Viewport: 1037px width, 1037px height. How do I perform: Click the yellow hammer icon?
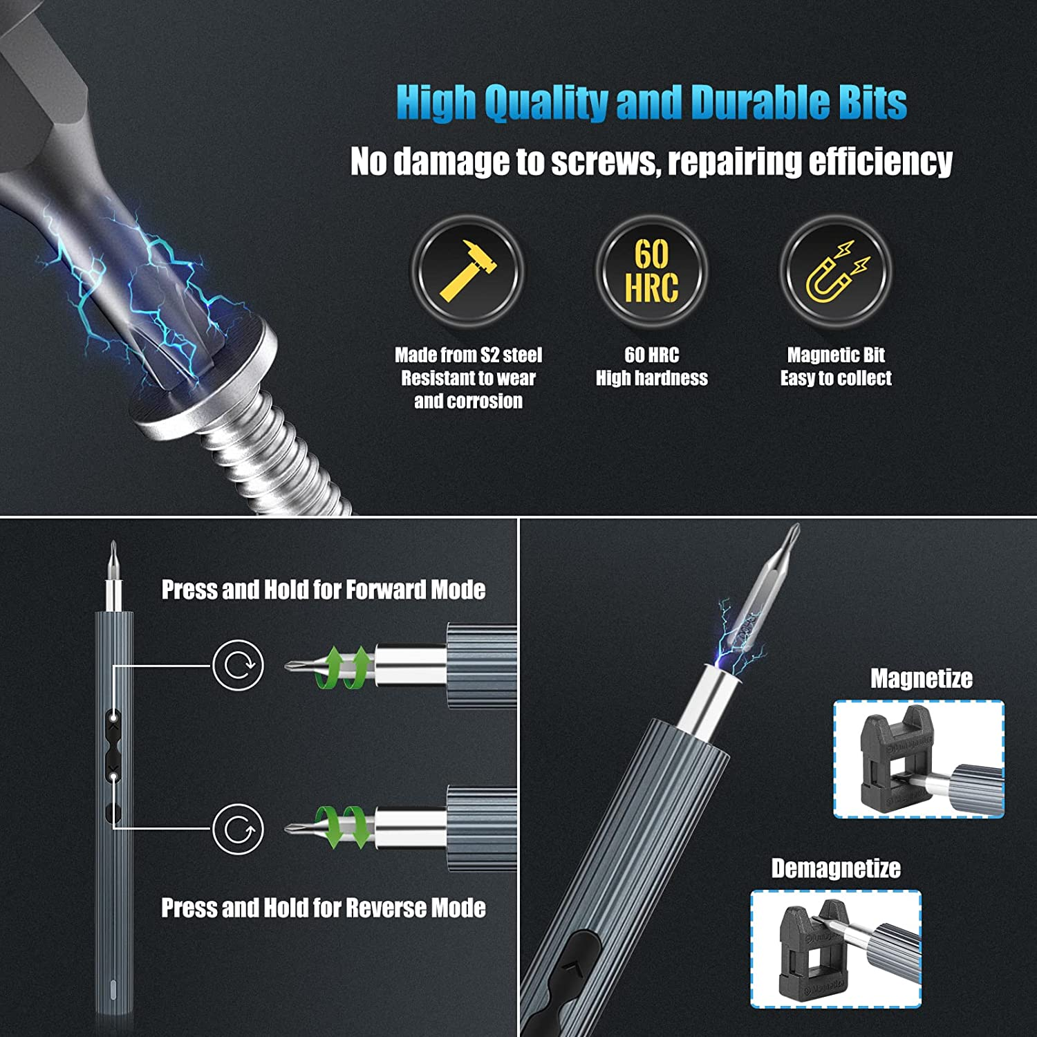click(x=468, y=271)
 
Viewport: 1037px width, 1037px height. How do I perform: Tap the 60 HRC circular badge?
click(x=651, y=271)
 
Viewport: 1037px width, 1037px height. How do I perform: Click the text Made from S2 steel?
click(x=468, y=355)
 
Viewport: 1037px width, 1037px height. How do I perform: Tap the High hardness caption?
click(x=651, y=378)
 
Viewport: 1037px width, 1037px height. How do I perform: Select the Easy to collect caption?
click(x=836, y=378)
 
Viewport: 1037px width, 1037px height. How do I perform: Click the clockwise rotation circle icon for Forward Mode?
click(x=238, y=665)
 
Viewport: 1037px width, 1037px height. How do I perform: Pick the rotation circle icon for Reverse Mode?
click(x=238, y=829)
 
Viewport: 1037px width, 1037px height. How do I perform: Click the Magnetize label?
click(x=921, y=678)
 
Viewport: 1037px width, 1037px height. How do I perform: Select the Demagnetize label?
click(x=836, y=868)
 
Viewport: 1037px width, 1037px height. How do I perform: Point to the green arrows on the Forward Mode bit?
click(x=343, y=668)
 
